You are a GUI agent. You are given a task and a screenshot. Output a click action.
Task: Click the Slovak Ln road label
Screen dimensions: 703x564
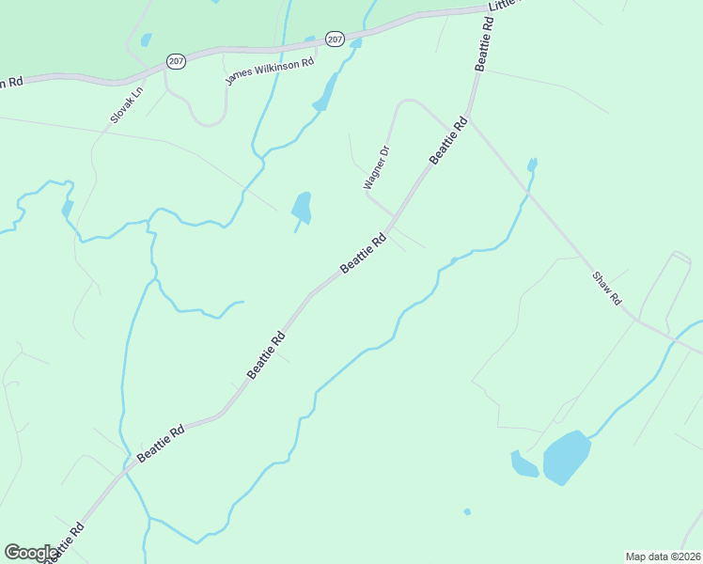point(125,103)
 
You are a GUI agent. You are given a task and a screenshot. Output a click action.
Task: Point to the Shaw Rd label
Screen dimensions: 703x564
point(607,287)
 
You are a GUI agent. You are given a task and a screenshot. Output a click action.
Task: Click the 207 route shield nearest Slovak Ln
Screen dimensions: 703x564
point(176,60)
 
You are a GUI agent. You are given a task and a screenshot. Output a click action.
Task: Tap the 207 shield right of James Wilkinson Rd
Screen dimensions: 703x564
point(336,39)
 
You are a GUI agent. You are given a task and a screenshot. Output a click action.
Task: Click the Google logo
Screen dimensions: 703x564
point(30,553)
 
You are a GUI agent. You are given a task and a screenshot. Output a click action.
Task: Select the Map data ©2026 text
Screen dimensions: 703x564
point(663,556)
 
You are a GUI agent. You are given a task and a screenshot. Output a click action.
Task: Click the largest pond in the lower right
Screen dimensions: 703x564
point(567,457)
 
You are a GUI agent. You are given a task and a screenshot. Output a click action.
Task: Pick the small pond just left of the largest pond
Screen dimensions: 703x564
point(523,464)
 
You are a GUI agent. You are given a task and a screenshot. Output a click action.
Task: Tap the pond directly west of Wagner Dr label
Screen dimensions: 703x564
point(302,208)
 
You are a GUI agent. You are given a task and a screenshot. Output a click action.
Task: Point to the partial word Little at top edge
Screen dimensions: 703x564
point(502,6)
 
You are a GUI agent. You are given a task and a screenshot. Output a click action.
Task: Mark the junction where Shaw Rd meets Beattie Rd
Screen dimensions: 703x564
point(469,119)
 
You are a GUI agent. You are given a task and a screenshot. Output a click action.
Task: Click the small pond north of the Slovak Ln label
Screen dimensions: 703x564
point(146,39)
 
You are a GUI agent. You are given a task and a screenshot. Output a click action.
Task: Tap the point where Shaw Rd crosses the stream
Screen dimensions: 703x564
point(528,194)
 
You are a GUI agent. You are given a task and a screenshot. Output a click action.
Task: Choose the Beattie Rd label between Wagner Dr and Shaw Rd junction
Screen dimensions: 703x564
point(448,140)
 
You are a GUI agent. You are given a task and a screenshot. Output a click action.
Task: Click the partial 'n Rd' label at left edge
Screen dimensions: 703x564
point(10,82)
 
